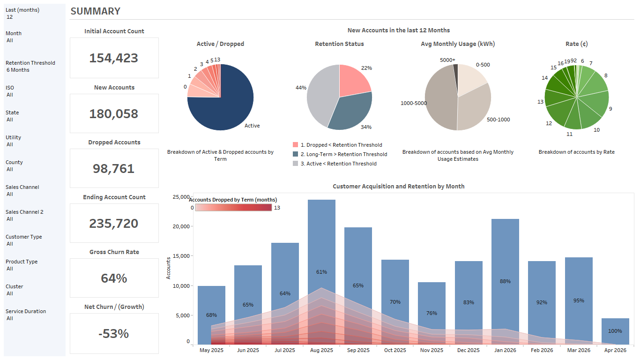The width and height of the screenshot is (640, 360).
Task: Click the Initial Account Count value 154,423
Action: pos(114,58)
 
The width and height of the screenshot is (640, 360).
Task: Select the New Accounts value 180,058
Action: pos(114,113)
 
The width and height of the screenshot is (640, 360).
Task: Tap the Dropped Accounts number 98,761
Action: pos(114,169)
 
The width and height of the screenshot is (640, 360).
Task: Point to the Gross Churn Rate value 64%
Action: pos(114,278)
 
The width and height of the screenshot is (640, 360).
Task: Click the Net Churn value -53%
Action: pos(114,333)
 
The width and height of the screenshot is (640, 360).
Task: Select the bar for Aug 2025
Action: pos(321,234)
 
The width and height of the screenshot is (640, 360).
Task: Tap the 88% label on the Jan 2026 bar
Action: pos(505,281)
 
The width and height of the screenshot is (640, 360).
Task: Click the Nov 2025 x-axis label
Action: pos(432,350)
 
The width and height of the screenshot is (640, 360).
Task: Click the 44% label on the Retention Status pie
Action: pos(301,88)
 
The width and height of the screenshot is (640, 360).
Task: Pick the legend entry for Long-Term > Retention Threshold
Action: pos(343,154)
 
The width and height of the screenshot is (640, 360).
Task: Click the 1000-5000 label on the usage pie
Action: pos(413,103)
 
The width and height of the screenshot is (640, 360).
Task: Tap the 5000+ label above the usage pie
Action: pos(447,60)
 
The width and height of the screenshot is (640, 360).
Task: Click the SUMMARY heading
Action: pos(95,11)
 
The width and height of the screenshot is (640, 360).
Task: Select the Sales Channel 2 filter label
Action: pos(24,212)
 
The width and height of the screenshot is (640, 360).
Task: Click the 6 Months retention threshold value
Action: pos(18,70)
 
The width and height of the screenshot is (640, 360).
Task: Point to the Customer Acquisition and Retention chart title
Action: pos(398,186)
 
